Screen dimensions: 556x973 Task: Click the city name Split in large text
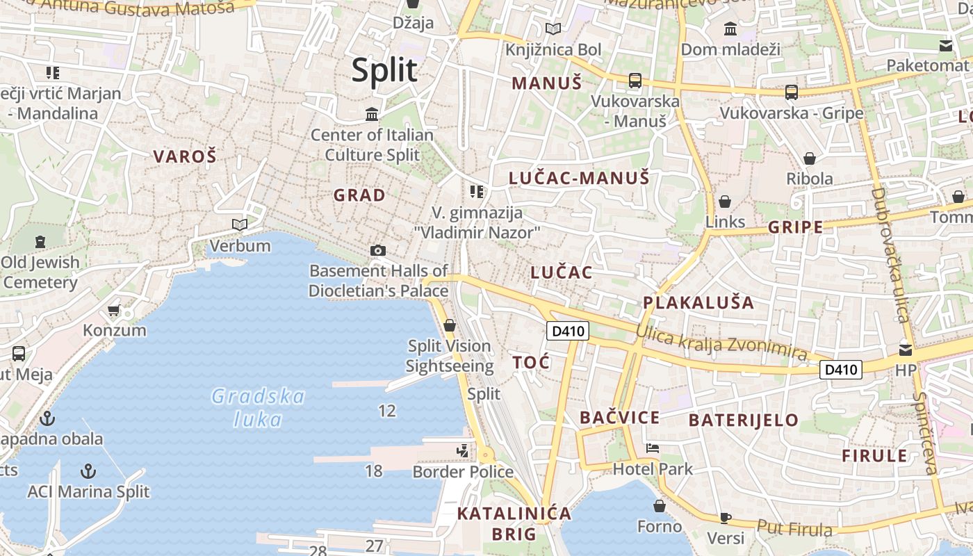tap(384, 71)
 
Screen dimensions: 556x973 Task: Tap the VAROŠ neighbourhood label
tap(185, 156)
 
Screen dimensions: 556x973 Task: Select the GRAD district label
tap(359, 195)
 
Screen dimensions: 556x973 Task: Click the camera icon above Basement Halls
tap(378, 250)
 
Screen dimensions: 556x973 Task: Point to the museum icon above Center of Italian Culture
tap(372, 114)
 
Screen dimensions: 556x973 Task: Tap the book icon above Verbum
tap(240, 224)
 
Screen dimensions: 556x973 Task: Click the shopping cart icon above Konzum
tap(114, 310)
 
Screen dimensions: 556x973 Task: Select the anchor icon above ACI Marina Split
tap(88, 471)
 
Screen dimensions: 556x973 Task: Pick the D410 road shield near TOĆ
tap(568, 332)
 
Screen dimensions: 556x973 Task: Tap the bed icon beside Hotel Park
tap(652, 448)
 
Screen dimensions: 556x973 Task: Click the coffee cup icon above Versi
tap(725, 517)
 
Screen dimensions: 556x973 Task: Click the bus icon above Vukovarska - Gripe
tap(791, 92)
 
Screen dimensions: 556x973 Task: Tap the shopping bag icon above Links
tap(725, 202)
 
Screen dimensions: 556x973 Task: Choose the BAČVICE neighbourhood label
tap(619, 418)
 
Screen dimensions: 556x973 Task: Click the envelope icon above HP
tap(905, 350)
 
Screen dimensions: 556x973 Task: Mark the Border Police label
tap(463, 472)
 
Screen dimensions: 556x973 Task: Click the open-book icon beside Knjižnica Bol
tap(553, 29)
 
